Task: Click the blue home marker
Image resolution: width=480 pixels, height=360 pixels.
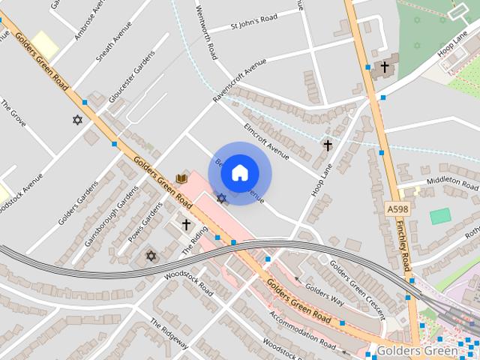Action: coord(240,173)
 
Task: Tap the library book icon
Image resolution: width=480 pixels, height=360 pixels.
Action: coord(181,178)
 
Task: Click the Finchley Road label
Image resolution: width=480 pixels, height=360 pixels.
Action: coord(405,247)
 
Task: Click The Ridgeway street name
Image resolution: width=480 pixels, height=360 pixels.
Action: coord(169,334)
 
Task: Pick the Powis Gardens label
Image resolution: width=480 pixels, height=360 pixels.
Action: coord(144,224)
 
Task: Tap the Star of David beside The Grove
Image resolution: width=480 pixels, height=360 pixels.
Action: coord(76,120)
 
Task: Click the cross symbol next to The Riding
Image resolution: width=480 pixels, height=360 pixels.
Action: coord(186,224)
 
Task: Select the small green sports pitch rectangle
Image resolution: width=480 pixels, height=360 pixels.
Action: coord(440,216)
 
